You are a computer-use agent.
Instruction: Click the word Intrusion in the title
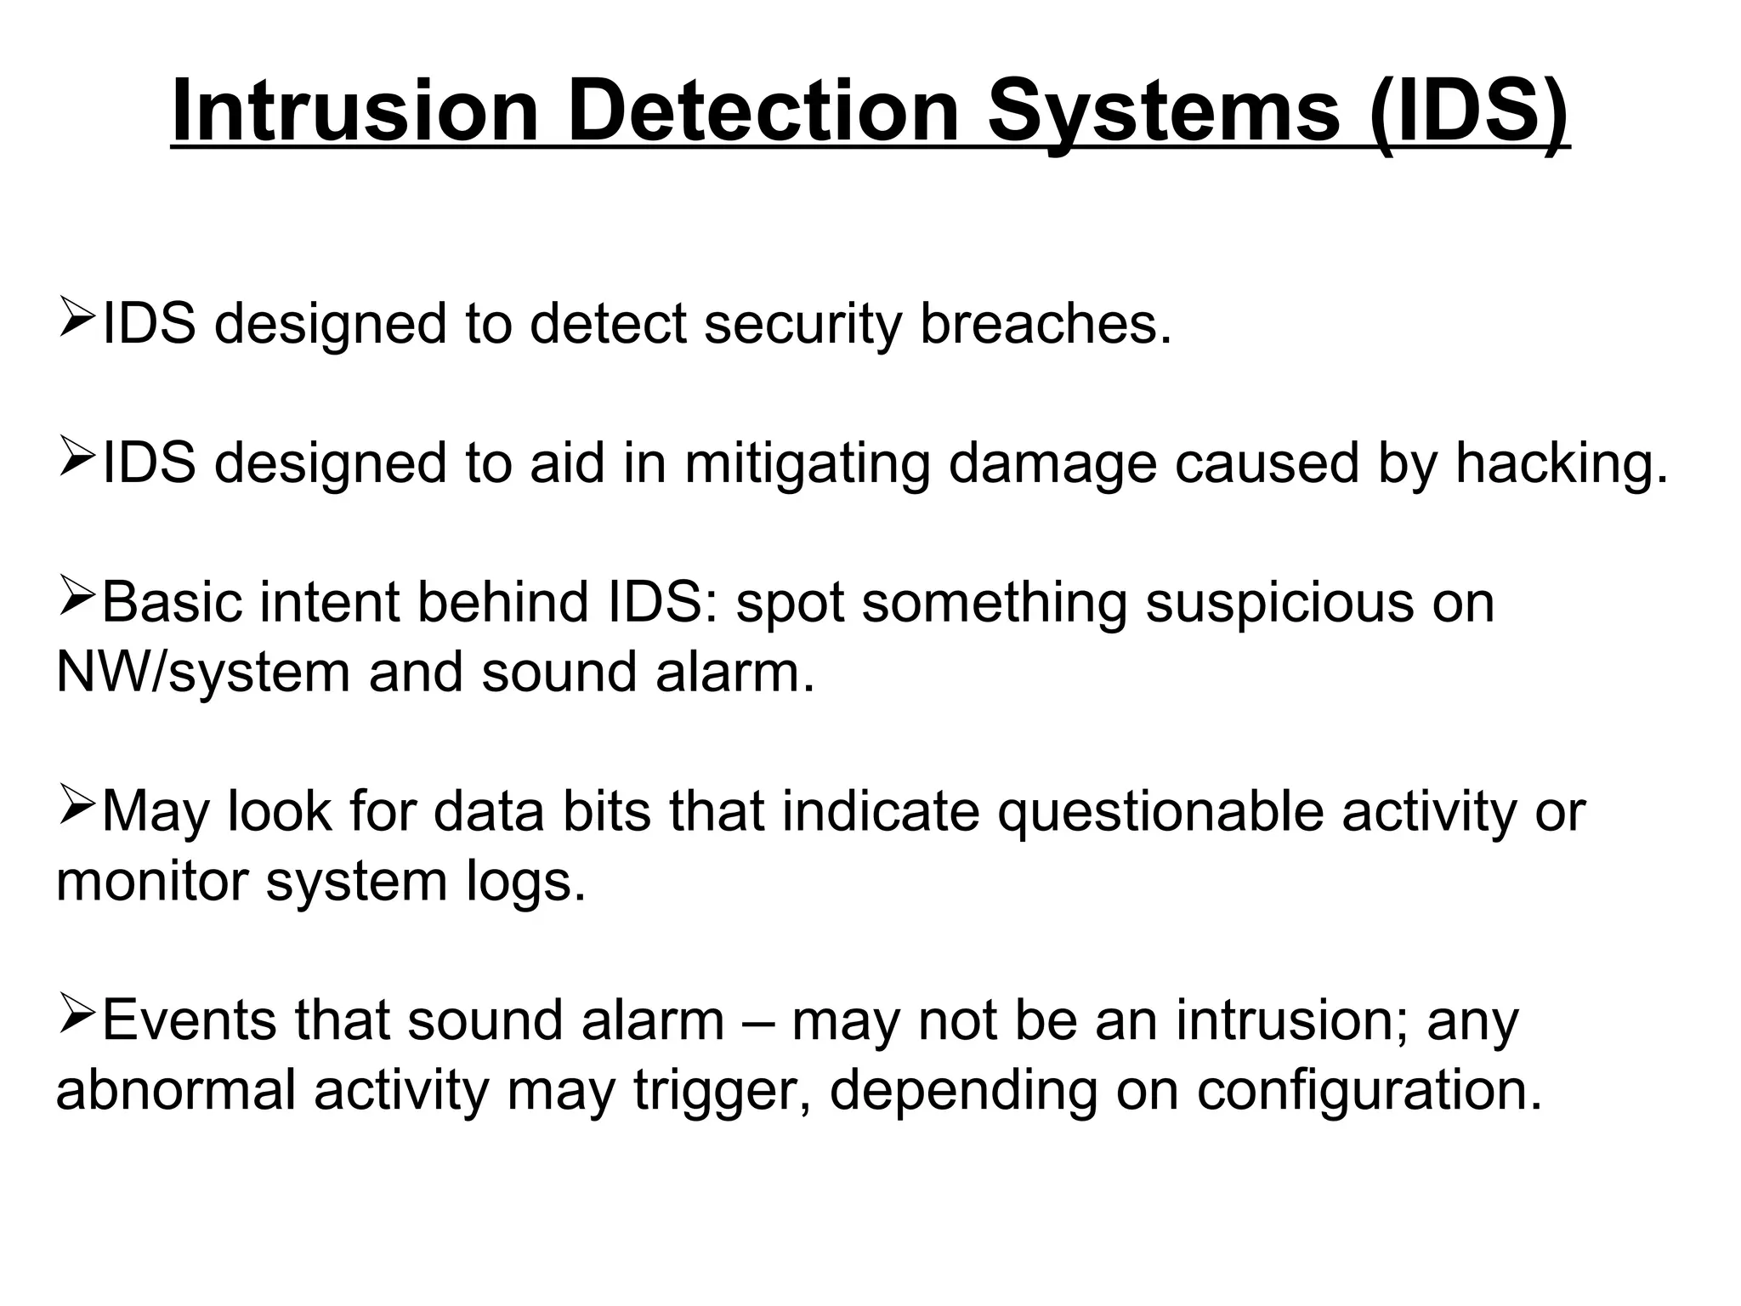click(x=355, y=111)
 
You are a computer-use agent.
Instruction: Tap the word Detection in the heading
click(x=763, y=111)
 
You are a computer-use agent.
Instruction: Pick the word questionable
click(x=1160, y=812)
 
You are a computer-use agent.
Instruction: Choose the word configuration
click(x=1370, y=1091)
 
